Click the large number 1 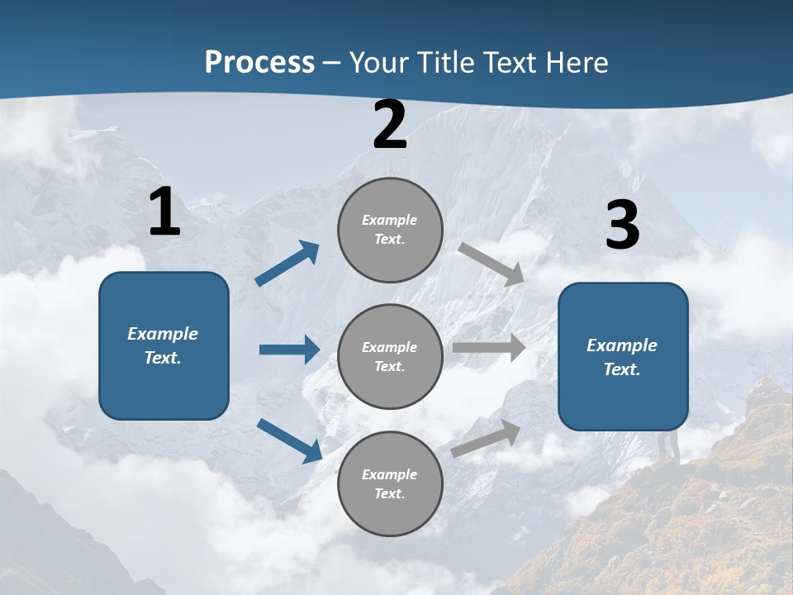164,212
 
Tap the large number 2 390,126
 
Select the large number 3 622,226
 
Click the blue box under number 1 164,345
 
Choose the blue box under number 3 623,356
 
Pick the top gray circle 390,230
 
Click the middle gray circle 390,356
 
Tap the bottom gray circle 390,483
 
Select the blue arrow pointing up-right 287,264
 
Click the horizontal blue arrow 289,350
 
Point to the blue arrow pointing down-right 289,440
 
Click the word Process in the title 259,63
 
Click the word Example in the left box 163,334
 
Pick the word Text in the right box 621,369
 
